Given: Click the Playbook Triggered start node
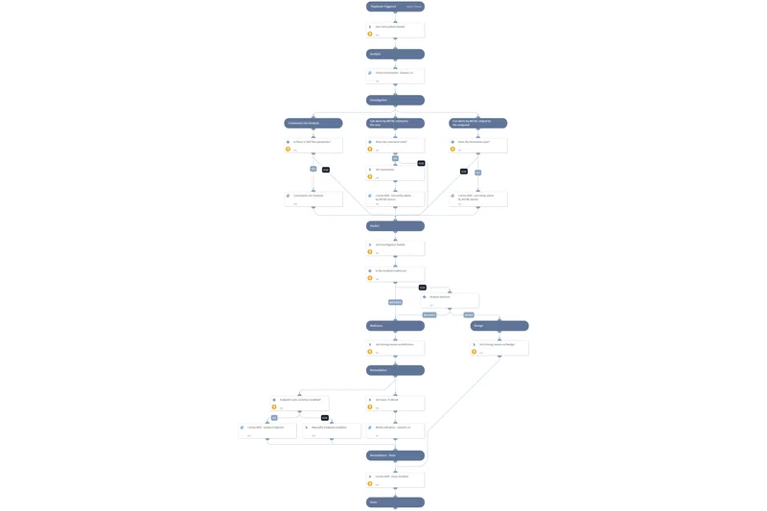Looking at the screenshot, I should point(394,7).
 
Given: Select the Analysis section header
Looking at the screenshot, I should point(394,54).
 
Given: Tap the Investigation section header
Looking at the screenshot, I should point(394,100).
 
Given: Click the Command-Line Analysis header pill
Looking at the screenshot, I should point(314,123).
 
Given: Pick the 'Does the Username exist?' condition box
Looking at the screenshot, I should point(395,145).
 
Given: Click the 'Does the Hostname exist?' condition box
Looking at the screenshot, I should point(477,145).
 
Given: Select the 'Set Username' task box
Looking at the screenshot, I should point(395,173).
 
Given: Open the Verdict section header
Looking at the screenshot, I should point(394,226).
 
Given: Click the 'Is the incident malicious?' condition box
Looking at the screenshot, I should point(395,273).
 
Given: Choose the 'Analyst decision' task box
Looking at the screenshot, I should point(450,300).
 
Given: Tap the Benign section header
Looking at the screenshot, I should point(499,326).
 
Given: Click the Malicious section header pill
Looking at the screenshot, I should point(394,326).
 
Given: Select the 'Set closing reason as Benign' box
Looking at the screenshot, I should point(499,347).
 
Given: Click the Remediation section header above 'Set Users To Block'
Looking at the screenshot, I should point(394,370).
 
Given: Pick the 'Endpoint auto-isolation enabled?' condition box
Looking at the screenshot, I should point(299,403).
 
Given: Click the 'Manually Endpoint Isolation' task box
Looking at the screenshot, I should point(332,430).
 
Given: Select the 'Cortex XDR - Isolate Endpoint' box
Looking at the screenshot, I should point(267,430).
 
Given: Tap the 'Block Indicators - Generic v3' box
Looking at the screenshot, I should point(395,430).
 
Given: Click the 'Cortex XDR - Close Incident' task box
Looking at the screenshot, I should point(395,479).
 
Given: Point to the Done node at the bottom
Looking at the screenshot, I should point(394,501).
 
